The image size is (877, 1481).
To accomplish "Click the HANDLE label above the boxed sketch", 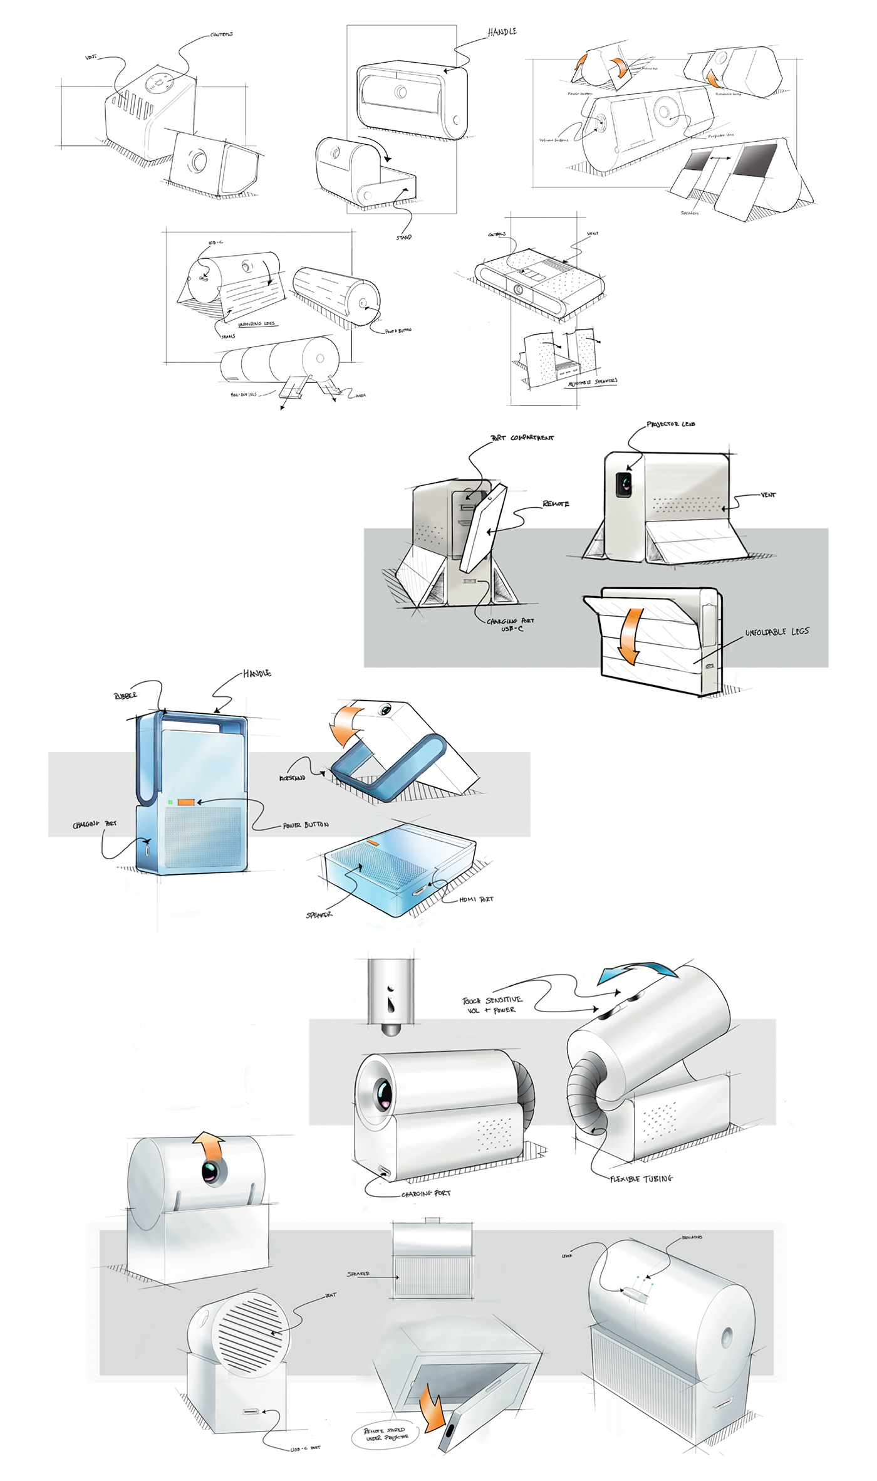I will click(502, 32).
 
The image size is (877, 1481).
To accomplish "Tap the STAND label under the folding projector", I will click(404, 238).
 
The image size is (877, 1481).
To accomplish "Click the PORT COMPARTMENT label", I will click(522, 437).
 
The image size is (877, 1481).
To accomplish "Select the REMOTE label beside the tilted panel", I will click(556, 504).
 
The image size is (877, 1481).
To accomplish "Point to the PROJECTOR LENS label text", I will click(671, 424).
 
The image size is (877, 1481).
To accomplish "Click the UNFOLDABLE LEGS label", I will click(777, 632).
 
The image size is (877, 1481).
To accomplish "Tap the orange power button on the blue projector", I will click(186, 802).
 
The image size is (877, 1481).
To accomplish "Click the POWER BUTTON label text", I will click(306, 825).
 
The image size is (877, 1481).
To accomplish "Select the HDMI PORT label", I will click(476, 899).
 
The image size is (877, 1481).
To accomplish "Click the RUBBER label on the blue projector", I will click(125, 696).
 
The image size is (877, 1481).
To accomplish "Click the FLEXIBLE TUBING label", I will click(641, 1179).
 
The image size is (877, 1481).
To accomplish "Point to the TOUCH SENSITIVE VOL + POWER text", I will click(492, 1005).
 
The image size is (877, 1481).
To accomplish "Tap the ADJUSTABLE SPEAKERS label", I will click(593, 382).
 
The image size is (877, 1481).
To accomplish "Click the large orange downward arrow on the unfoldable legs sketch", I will click(630, 636).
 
